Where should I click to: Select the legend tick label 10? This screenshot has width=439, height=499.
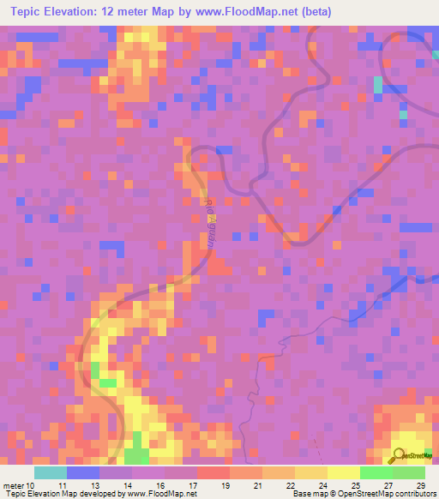coord(32,485)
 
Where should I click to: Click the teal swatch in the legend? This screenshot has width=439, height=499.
coord(50,472)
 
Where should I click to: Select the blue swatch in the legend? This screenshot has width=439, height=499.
coord(82,472)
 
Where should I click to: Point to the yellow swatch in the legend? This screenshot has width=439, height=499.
coord(343,472)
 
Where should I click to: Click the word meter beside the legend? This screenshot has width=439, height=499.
coord(14,485)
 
